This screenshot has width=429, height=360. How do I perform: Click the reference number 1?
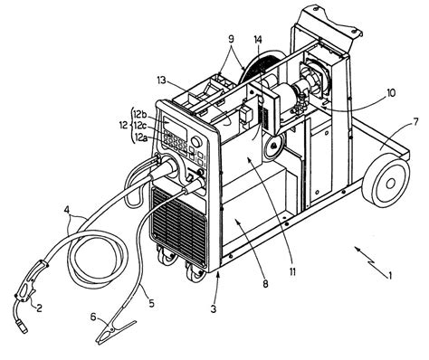(390, 276)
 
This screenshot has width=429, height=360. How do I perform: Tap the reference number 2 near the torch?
(39, 308)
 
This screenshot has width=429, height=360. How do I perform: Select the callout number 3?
(214, 309)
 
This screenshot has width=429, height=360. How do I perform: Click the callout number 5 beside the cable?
(151, 303)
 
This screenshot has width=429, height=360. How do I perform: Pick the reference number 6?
(93, 317)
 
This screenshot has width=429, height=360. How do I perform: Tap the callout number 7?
(415, 122)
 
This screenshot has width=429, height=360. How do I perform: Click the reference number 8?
(265, 284)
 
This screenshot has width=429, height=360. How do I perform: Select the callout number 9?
(231, 39)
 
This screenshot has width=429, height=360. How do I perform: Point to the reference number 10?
(390, 93)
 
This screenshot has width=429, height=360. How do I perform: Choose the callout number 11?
(292, 271)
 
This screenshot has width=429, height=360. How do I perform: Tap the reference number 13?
(161, 81)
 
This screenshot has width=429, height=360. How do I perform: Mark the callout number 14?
(258, 40)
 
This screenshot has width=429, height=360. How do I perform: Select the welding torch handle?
(29, 281)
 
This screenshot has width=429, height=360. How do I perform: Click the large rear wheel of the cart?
(386, 183)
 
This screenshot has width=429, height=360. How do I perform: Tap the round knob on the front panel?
(196, 142)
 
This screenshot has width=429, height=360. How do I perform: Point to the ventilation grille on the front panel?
(178, 223)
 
